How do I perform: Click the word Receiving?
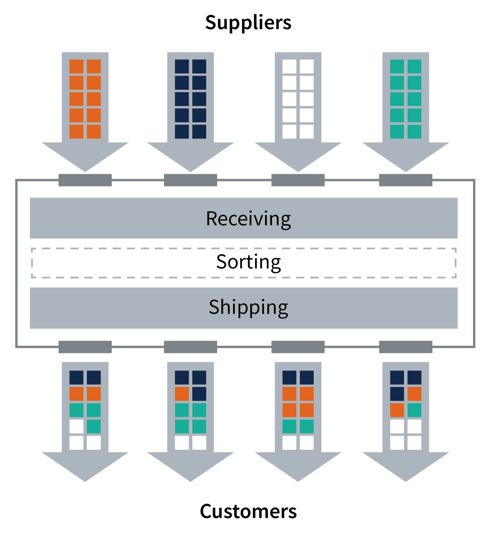pyautogui.click(x=248, y=219)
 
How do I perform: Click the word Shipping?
pyautogui.click(x=248, y=307)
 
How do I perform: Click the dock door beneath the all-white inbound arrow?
pyautogui.click(x=298, y=180)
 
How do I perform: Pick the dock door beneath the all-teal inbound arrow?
pyautogui.click(x=406, y=180)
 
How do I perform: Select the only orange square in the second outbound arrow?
pyautogui.click(x=182, y=394)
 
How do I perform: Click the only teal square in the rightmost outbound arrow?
pyautogui.click(x=414, y=410)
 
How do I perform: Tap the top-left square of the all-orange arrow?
pyautogui.click(x=76, y=67)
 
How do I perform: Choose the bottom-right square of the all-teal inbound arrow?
pyautogui.click(x=414, y=131)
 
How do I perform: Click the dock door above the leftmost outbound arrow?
pyautogui.click(x=85, y=347)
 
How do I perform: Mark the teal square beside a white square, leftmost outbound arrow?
pyautogui.click(x=94, y=426)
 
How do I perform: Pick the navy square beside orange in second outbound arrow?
pyautogui.click(x=199, y=394)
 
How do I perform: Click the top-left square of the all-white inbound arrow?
pyautogui.click(x=289, y=67)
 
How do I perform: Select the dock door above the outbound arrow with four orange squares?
pyautogui.click(x=298, y=347)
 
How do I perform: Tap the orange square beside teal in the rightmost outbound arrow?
pyautogui.click(x=397, y=410)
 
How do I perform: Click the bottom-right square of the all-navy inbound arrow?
pyautogui.click(x=199, y=131)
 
